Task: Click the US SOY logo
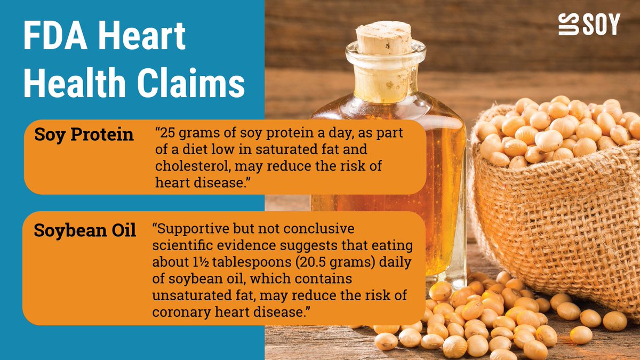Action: (589, 25)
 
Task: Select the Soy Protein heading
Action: (84, 134)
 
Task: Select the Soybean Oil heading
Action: (84, 230)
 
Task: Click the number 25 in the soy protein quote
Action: (167, 134)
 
